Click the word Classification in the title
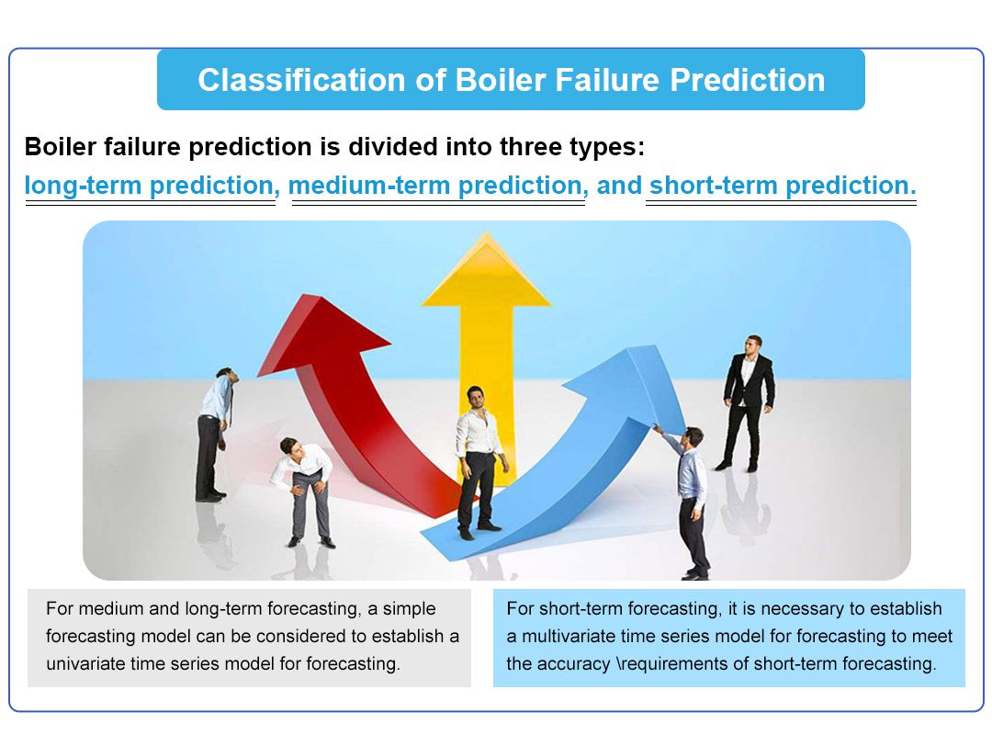click(x=301, y=81)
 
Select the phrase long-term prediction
click(x=149, y=186)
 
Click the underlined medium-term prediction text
click(x=434, y=186)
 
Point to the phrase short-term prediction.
click(x=783, y=186)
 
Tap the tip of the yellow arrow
click(x=486, y=233)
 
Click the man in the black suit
click(x=748, y=403)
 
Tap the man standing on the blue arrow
click(x=479, y=462)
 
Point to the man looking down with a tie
click(x=215, y=435)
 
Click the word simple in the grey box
click(x=410, y=608)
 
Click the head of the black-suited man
click(x=753, y=345)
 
